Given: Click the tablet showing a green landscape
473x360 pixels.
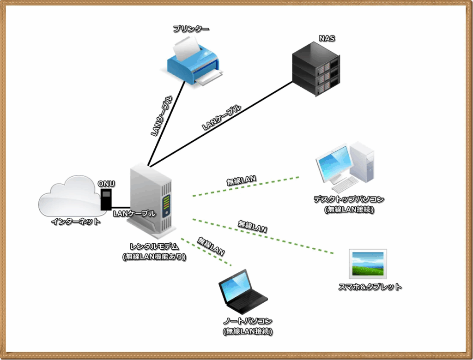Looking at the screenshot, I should (368, 264).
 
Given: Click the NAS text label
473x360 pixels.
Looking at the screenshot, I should (327, 39).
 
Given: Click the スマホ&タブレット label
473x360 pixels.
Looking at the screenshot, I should (370, 287).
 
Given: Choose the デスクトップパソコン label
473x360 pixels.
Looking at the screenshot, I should (349, 199).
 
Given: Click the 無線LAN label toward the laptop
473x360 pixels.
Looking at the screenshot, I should (211, 246).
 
